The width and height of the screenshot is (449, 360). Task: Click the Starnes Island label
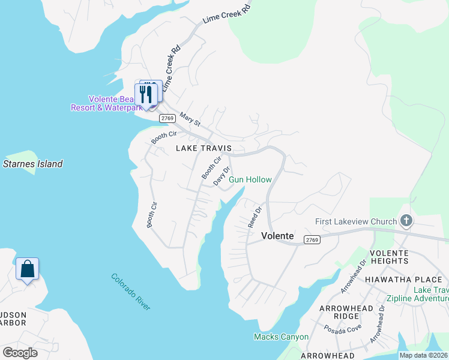(x=33, y=164)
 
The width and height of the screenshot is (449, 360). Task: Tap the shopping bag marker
(x=27, y=269)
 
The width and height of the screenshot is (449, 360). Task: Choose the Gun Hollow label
(x=250, y=179)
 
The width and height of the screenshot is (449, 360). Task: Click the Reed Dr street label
(x=255, y=217)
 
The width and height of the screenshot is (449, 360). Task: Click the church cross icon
(x=406, y=221)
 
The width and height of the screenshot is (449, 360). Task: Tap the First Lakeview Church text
(x=357, y=221)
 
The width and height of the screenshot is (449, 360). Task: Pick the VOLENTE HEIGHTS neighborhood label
(x=388, y=257)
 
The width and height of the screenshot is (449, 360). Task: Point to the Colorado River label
(x=131, y=292)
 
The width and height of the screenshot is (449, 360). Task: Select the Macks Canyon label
(x=281, y=337)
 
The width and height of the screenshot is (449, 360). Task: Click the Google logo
(x=20, y=352)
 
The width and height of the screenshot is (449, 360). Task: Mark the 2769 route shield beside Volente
(x=312, y=239)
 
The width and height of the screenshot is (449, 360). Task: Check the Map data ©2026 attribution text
(x=423, y=355)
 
